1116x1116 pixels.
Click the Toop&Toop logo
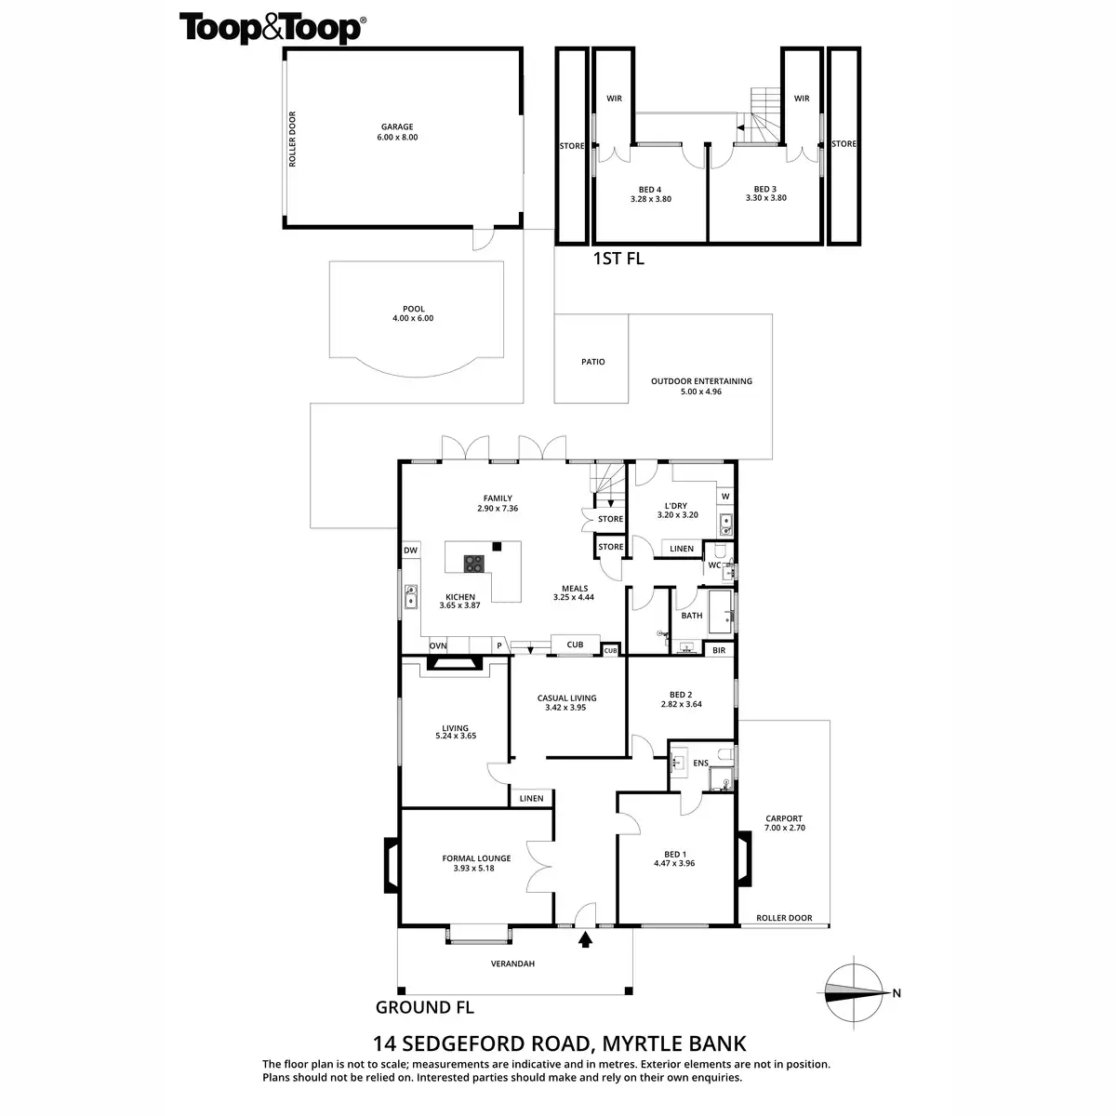[x=272, y=28]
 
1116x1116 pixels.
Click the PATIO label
[x=593, y=362]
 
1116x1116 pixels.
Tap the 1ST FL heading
[x=618, y=259]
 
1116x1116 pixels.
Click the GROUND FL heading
[x=424, y=1006]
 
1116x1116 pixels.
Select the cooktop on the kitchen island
[x=474, y=563]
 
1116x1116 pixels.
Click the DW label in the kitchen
[x=410, y=551]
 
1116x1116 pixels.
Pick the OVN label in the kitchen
[x=437, y=645]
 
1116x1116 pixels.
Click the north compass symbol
[x=856, y=992]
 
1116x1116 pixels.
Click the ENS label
[x=700, y=764]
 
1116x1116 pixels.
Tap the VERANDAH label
[x=513, y=963]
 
